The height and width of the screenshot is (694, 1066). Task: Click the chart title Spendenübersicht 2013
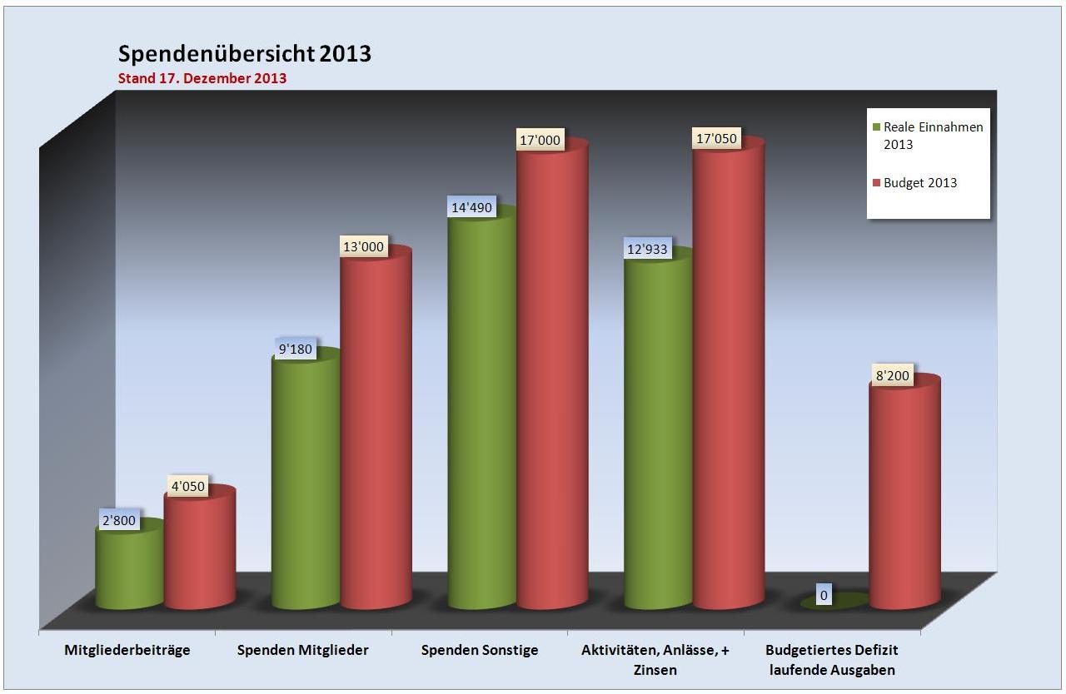click(x=244, y=54)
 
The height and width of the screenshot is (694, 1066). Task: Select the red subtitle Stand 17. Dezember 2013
click(x=202, y=79)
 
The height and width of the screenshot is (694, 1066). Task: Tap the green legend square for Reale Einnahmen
click(x=876, y=128)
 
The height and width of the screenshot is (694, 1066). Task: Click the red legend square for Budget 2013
click(x=876, y=183)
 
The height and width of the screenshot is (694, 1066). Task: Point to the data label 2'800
click(x=119, y=521)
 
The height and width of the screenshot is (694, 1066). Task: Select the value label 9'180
click(x=296, y=349)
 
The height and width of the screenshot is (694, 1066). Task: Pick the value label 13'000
click(x=363, y=246)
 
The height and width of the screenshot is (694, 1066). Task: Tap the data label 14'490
click(x=471, y=208)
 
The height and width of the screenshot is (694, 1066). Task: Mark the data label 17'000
click(x=540, y=141)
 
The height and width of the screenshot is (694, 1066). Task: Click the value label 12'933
click(x=648, y=249)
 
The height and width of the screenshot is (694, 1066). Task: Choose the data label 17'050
click(x=716, y=139)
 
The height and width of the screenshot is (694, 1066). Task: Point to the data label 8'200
click(x=893, y=377)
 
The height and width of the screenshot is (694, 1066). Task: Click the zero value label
click(x=823, y=595)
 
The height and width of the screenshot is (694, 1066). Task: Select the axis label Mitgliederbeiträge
click(x=127, y=651)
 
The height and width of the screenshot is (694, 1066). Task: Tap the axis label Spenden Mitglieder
click(x=302, y=651)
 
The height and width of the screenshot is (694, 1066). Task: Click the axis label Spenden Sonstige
click(x=480, y=651)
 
